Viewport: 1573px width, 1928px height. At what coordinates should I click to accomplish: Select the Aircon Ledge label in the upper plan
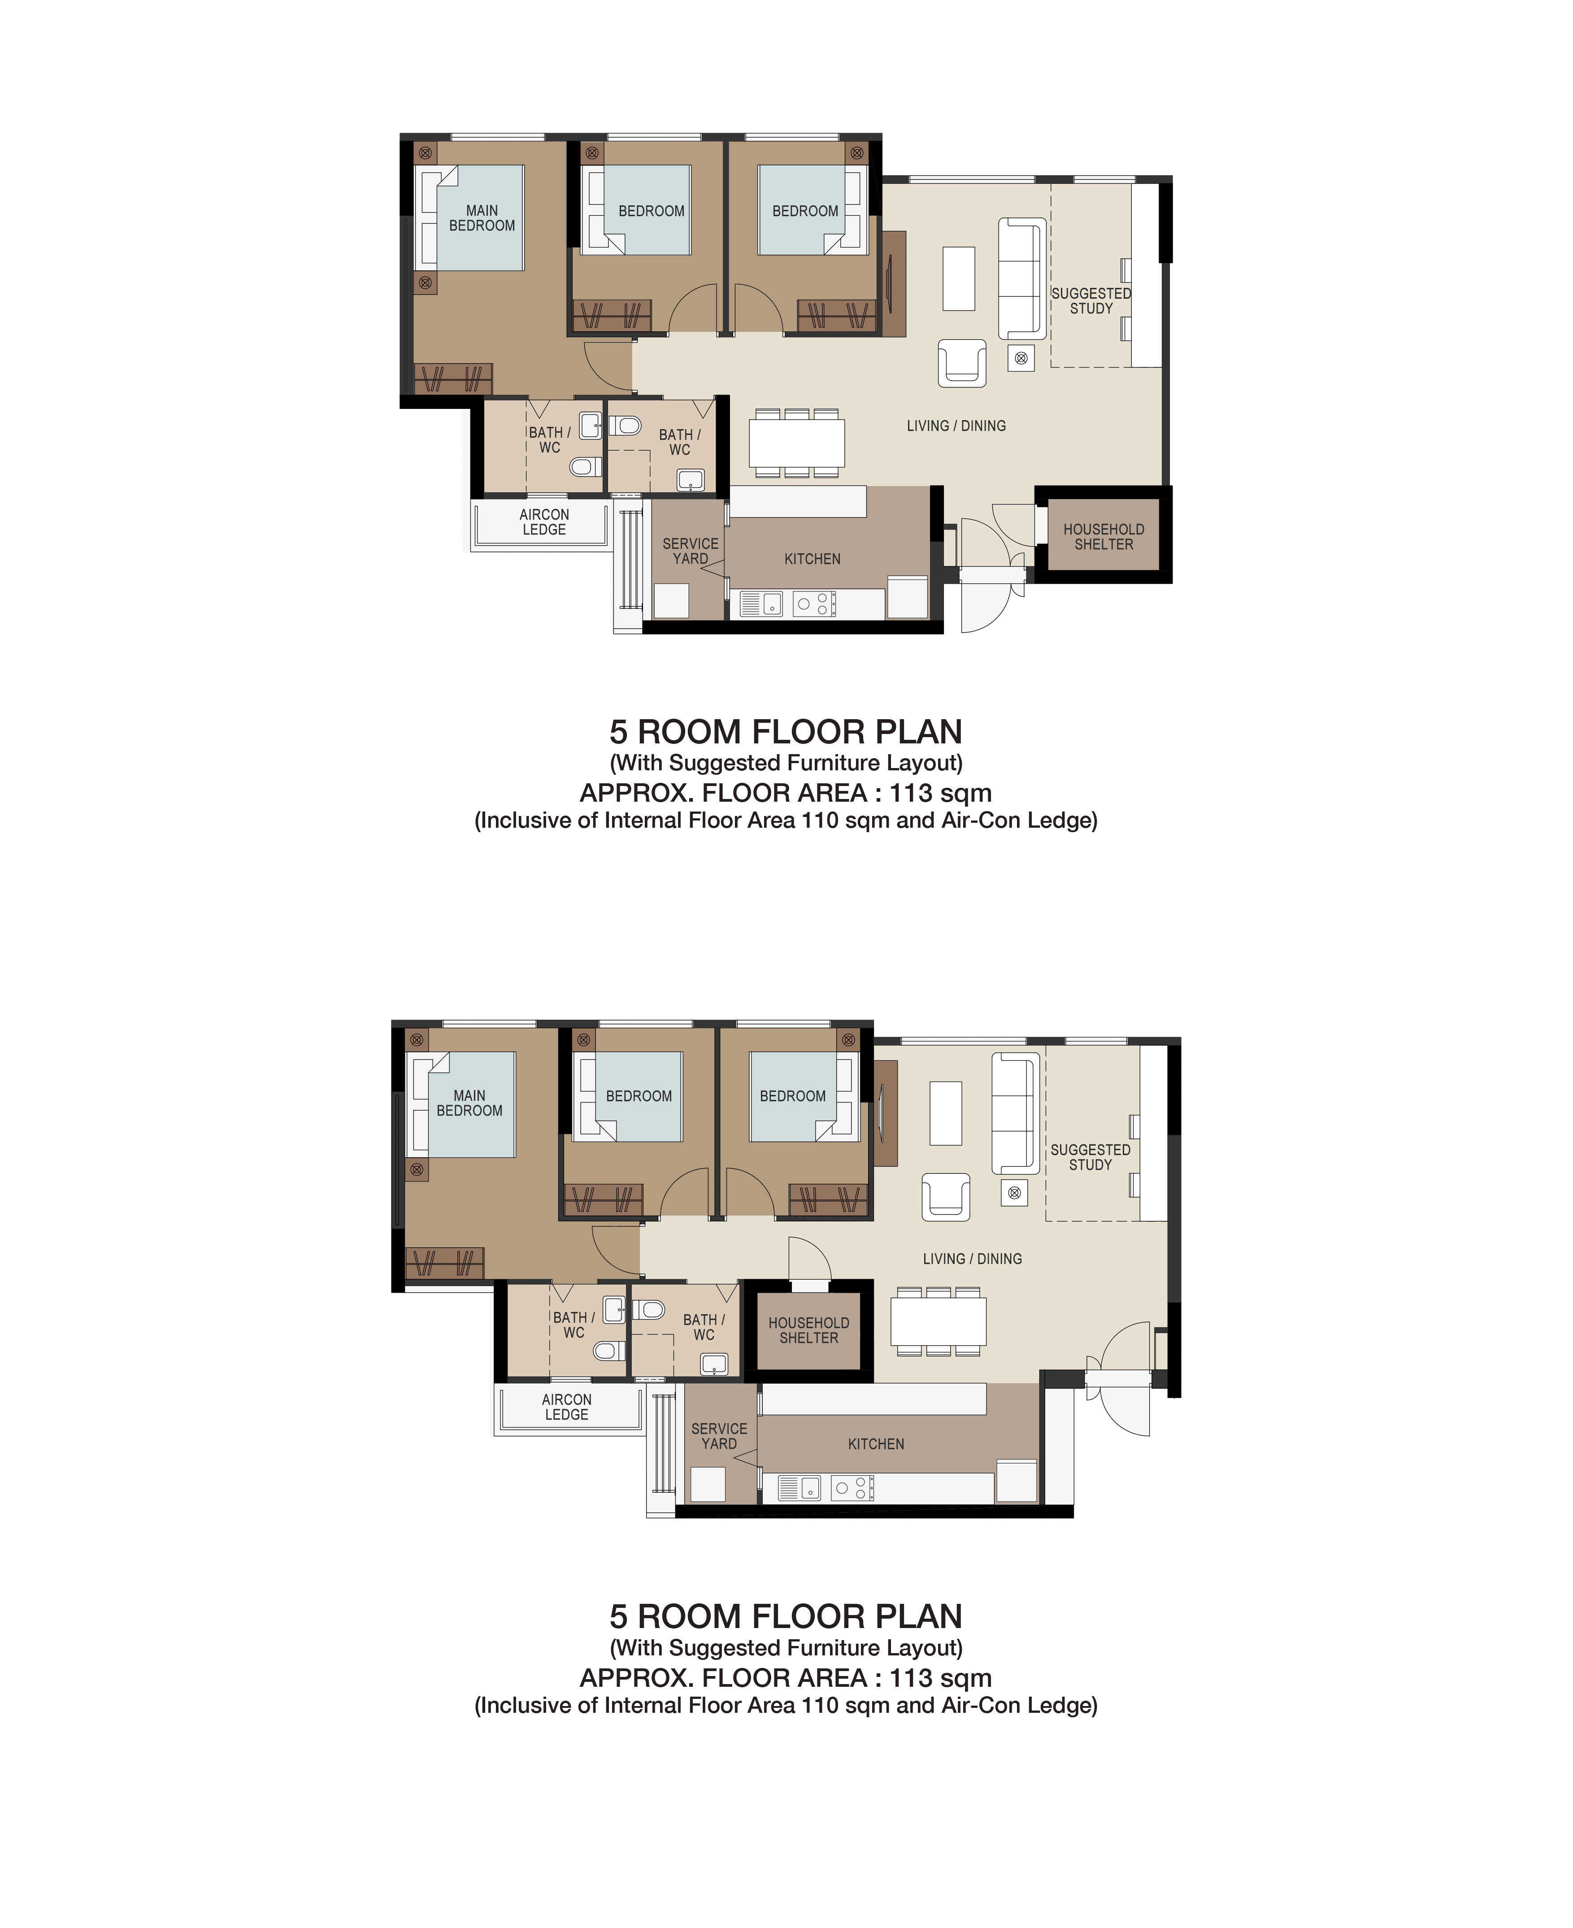point(544,522)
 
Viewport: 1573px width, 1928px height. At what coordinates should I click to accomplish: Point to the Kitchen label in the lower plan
point(876,1444)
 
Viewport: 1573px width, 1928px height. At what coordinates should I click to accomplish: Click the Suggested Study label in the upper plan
point(1091,301)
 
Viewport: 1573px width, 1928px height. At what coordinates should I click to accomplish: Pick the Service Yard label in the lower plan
point(719,1436)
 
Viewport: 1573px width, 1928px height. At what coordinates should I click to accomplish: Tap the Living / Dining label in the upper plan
point(956,426)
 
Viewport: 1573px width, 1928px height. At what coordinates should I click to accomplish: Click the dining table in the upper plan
point(796,443)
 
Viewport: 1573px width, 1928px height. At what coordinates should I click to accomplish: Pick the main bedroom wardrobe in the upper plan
point(453,379)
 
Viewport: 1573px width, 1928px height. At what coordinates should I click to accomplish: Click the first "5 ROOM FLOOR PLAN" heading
point(786,732)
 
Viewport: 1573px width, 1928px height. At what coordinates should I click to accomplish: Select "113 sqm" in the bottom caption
point(941,1678)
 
